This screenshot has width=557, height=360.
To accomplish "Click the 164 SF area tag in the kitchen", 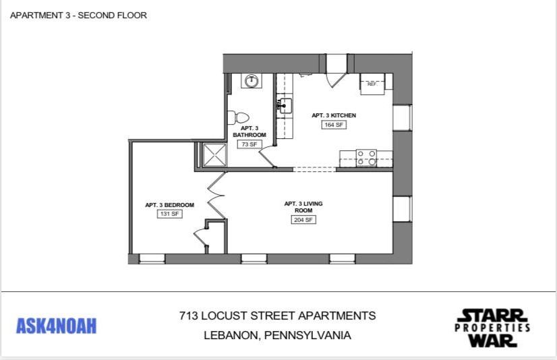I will (333, 125).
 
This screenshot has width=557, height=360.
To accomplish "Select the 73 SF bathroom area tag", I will (250, 144).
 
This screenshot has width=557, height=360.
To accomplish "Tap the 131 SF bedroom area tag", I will (169, 214).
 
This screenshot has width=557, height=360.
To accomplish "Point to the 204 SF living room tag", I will (303, 220).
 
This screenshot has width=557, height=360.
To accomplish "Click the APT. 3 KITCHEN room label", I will (333, 115).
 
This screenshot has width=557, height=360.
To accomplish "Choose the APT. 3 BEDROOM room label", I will (169, 205).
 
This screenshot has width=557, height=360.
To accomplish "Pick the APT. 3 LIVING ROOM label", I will (303, 206).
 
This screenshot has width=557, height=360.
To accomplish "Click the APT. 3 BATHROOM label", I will (250, 131).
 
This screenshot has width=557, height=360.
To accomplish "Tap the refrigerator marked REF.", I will (372, 83).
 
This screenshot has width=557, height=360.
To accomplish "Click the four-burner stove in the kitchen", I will (366, 158).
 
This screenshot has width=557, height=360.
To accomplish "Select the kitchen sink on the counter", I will (284, 106).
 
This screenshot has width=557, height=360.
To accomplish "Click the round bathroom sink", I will (252, 81).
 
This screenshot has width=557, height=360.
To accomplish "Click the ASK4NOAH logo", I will (56, 326).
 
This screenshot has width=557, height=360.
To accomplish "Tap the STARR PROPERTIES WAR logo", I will (492, 328).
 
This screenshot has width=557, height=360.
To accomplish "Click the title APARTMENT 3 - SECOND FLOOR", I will (78, 15).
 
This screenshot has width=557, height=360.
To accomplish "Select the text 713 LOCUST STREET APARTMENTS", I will (277, 316).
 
